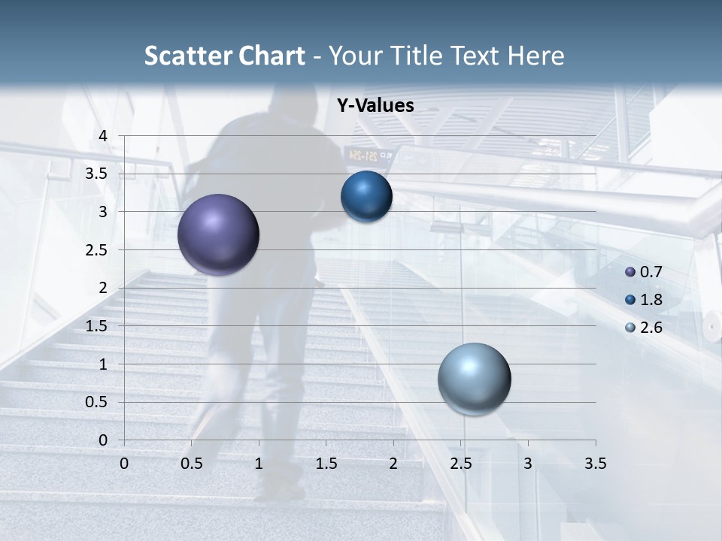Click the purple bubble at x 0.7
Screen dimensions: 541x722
pyautogui.click(x=218, y=234)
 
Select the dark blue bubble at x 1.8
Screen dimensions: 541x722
pyautogui.click(x=366, y=197)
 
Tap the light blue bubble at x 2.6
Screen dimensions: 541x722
pyautogui.click(x=474, y=379)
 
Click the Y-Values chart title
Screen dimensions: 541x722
pyautogui.click(x=375, y=106)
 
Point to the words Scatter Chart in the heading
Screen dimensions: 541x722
pyautogui.click(x=224, y=56)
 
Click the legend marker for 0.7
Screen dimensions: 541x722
pyautogui.click(x=630, y=272)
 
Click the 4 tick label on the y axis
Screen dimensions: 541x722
pyautogui.click(x=103, y=136)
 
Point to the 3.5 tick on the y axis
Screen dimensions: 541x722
pyautogui.click(x=96, y=174)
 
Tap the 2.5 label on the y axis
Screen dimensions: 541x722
pyautogui.click(x=96, y=249)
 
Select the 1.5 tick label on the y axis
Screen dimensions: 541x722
pyautogui.click(x=96, y=326)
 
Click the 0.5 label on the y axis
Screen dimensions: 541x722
pyautogui.click(x=96, y=402)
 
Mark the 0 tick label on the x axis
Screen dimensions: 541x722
pyautogui.click(x=124, y=463)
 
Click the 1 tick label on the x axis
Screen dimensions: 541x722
pyautogui.click(x=259, y=463)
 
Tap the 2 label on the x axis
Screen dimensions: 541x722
pyautogui.click(x=393, y=463)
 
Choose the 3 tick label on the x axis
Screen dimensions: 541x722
pyautogui.click(x=528, y=463)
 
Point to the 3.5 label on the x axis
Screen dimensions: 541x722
pyautogui.click(x=595, y=463)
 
